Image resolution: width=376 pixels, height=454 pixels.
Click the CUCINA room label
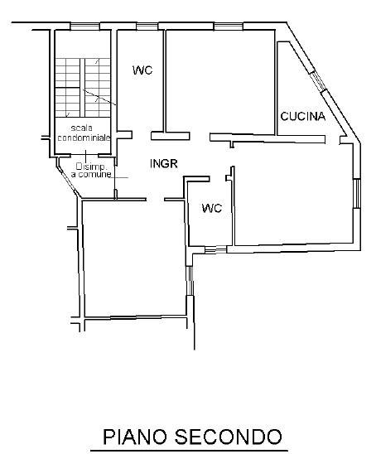coord(303,116)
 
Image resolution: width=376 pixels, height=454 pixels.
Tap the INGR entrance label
coord(163,164)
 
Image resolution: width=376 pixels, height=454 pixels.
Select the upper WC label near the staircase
coord(142,70)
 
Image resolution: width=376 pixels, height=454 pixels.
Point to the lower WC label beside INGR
coord(212,208)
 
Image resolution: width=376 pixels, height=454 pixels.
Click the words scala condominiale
coord(84,133)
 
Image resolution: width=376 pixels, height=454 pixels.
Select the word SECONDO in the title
coord(229,437)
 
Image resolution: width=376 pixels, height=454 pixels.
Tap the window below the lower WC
coord(215,249)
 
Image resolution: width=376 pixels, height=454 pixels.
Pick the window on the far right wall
coord(357,193)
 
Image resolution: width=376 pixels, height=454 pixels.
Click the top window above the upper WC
coord(147,27)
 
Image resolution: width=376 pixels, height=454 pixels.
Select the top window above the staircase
coord(84,27)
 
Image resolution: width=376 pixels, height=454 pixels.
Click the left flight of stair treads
coord(67,88)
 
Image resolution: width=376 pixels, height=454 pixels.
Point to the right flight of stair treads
coord(98,88)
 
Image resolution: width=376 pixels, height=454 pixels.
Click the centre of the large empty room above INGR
coord(220,81)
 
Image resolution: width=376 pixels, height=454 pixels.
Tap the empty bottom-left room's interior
coord(134,258)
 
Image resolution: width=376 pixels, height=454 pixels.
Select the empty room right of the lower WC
coord(293,195)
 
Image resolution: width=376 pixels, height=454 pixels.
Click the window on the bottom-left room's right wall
coord(190,281)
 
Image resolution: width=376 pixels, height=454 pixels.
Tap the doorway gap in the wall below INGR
coord(155,199)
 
